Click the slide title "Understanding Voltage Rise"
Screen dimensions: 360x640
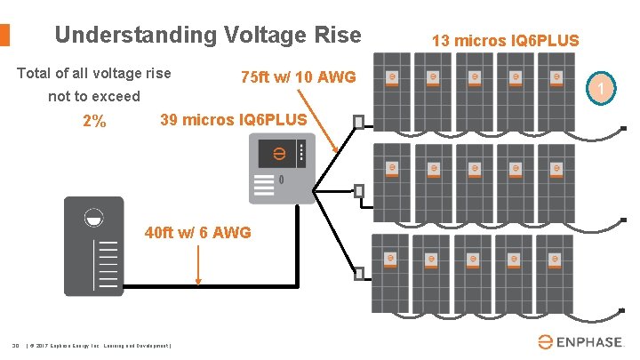point(208,36)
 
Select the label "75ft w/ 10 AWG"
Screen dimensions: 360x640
point(298,78)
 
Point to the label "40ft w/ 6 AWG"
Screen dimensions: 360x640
point(197,233)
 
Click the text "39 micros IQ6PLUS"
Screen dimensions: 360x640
point(233,120)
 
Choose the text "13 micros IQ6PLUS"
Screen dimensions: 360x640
point(505,40)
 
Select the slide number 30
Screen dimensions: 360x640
point(15,345)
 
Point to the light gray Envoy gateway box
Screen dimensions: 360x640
point(281,168)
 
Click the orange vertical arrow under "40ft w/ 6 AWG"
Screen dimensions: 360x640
point(197,265)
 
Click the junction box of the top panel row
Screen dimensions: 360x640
point(358,121)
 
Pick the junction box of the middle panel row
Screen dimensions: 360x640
point(358,189)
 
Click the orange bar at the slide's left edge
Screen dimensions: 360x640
point(4,35)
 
